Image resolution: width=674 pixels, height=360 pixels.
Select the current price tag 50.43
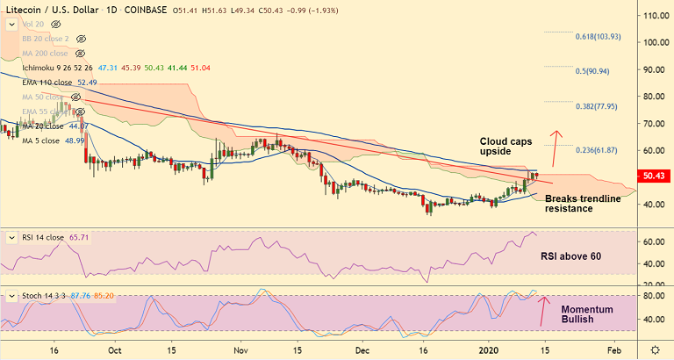coord(655,176)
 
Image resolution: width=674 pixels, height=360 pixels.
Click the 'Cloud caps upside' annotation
coord(505,146)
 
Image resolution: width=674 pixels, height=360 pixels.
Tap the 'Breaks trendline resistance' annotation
coord(583,204)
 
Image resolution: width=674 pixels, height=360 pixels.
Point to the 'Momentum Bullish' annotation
coord(587,313)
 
